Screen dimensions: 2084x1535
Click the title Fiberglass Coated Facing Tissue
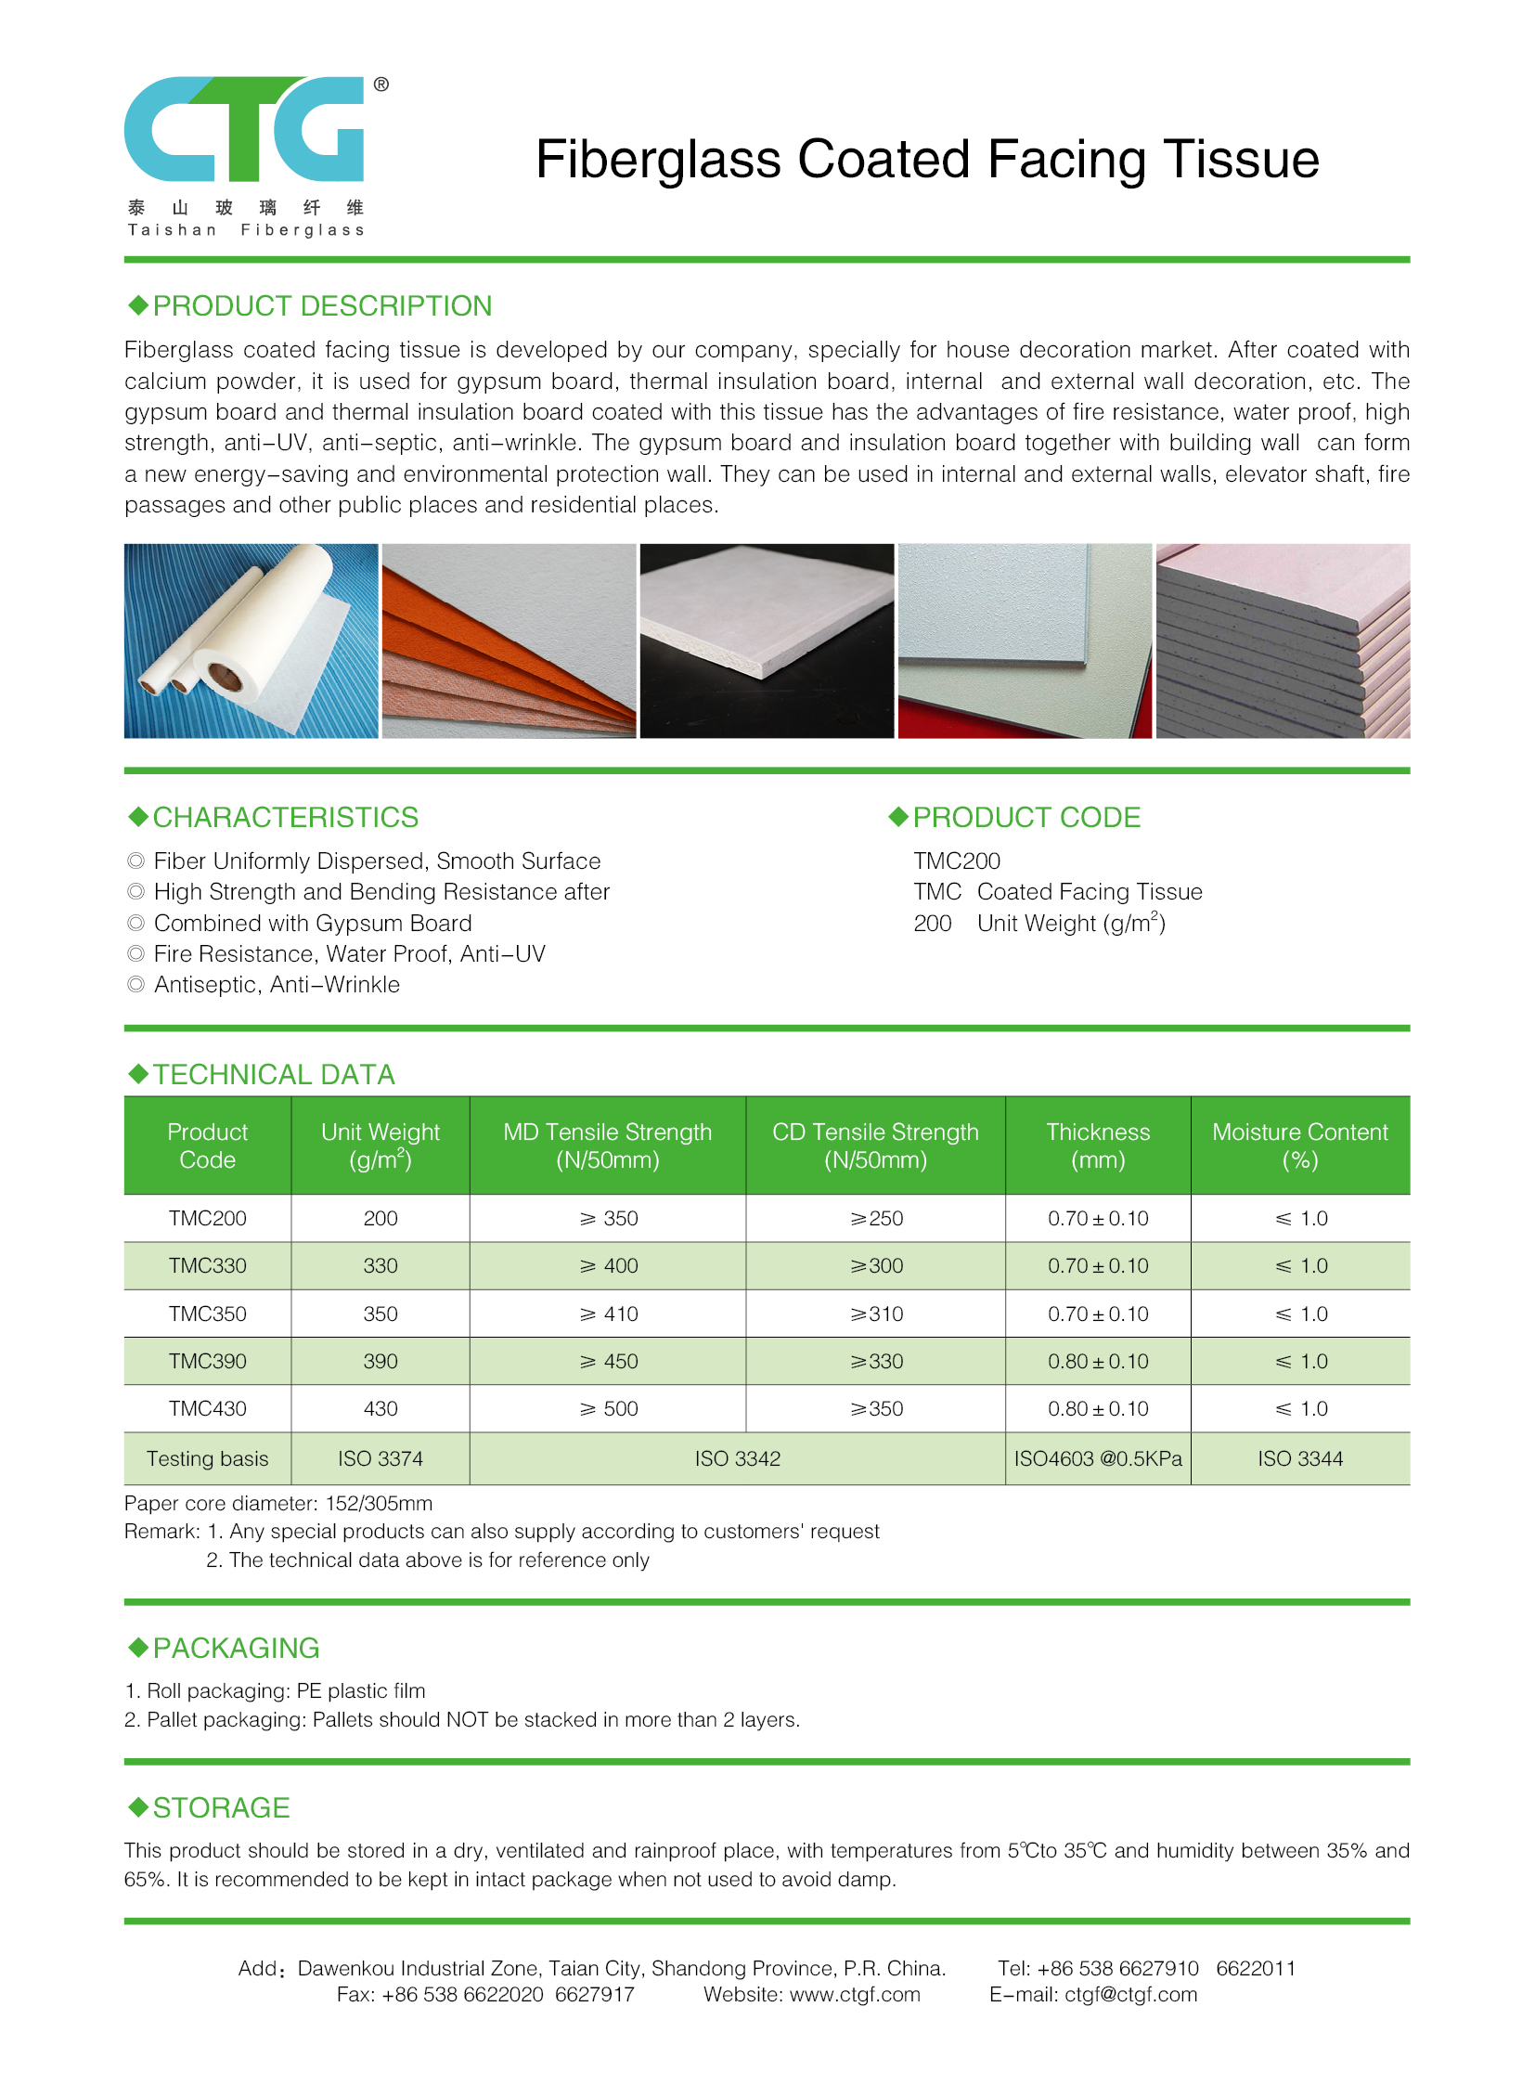pyautogui.click(x=926, y=159)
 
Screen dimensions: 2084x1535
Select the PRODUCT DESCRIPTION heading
pyautogui.click(x=320, y=305)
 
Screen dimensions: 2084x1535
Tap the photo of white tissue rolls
pyautogui.click(x=251, y=641)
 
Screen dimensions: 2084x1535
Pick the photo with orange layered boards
pyautogui.click(x=509, y=641)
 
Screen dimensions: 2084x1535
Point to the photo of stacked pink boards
pyautogui.click(x=1283, y=641)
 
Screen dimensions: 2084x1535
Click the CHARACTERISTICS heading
pyautogui.click(x=284, y=817)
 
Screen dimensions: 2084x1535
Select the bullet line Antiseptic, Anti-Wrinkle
pyautogui.click(x=276, y=984)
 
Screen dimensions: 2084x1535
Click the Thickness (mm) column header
pyautogui.click(x=1097, y=1146)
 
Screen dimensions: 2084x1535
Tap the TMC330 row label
pyautogui.click(x=207, y=1266)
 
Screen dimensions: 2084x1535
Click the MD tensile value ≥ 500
pyautogui.click(x=609, y=1408)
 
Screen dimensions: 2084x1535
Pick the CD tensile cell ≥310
pyautogui.click(x=875, y=1314)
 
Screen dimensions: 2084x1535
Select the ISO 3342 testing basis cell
pyautogui.click(x=737, y=1458)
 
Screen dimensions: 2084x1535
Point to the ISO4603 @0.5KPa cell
pyautogui.click(x=1097, y=1458)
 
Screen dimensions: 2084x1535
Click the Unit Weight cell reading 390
pyautogui.click(x=380, y=1361)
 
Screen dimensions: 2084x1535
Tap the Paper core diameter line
pyautogui.click(x=277, y=1503)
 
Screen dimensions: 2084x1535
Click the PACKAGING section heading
pyautogui.click(x=235, y=1648)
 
